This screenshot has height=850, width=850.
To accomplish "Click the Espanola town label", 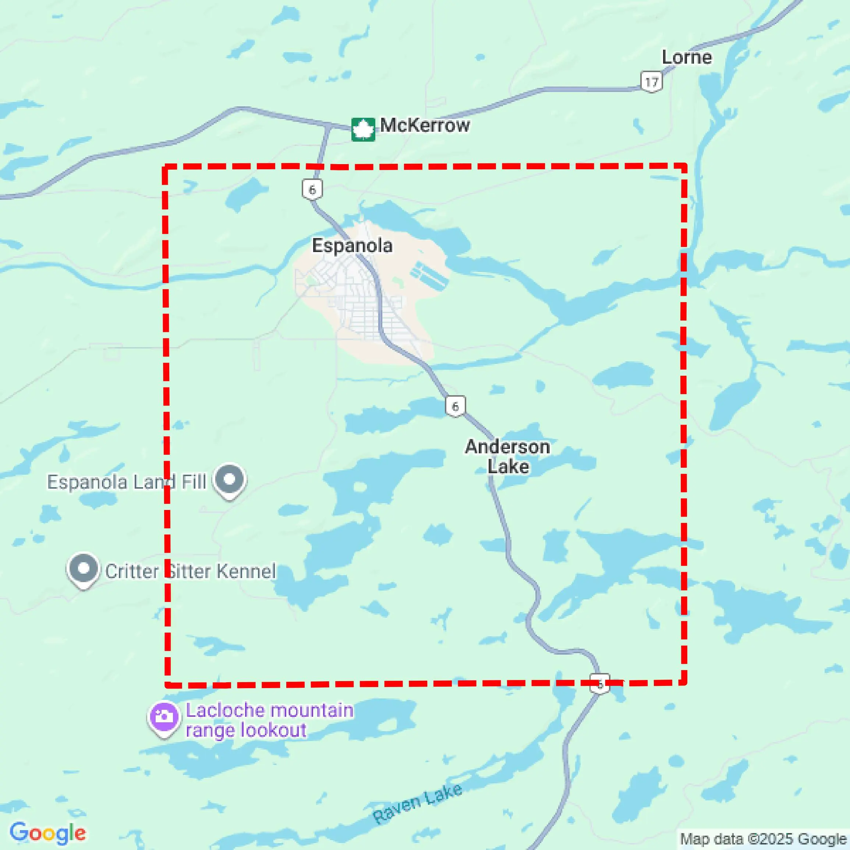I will point(352,245).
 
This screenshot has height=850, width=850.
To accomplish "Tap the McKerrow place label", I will point(425,125).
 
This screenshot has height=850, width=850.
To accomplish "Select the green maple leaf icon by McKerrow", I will point(363,130).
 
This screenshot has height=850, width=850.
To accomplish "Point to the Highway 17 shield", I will point(651,82).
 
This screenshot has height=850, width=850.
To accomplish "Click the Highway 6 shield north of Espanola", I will point(312,190).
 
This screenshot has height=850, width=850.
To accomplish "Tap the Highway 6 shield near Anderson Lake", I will point(455,406).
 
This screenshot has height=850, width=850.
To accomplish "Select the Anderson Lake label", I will point(508,456).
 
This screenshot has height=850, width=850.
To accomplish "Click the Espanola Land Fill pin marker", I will point(229,479).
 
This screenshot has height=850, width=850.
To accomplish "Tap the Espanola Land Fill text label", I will point(127,482).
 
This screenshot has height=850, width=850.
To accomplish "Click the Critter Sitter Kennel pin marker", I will point(83,569).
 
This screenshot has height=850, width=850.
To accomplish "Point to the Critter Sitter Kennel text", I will point(191,571).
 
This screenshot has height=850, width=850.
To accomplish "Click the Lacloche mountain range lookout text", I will point(269,720).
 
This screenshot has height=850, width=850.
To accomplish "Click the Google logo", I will point(47,833).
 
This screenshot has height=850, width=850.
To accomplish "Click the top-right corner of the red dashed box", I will point(684,166).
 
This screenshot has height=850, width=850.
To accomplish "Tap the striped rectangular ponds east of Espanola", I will point(429,276).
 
